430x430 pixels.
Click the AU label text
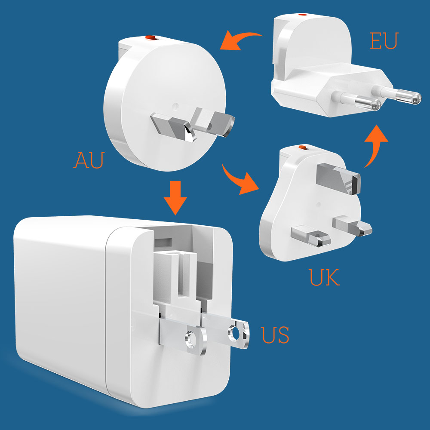pyautogui.click(x=89, y=160)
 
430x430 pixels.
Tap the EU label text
pyautogui.click(x=384, y=40)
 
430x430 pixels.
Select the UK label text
pyautogui.click(x=325, y=277)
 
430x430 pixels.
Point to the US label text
pyautogui.click(x=275, y=335)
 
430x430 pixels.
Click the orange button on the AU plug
pyautogui.click(x=150, y=38)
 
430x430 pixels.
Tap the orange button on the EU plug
pyautogui.click(x=303, y=15)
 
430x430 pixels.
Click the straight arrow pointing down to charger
pyautogui.click(x=175, y=197)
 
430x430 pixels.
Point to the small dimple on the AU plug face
pyautogui.click(x=175, y=104)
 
